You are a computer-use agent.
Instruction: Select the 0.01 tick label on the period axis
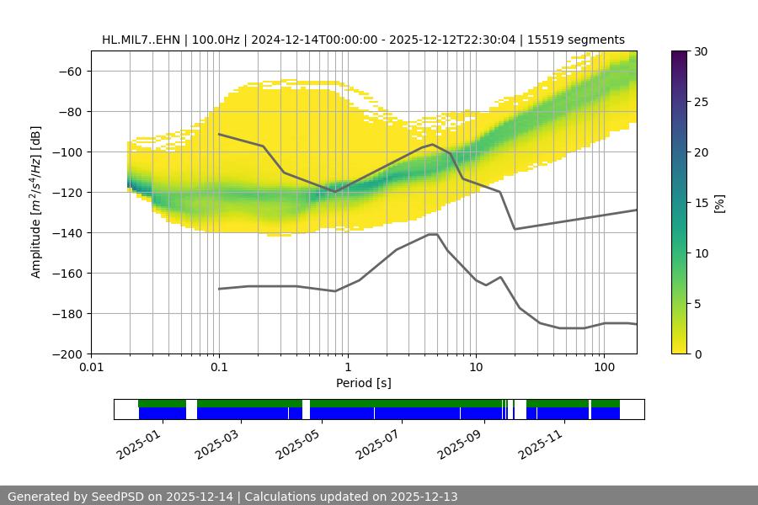pos(91,368)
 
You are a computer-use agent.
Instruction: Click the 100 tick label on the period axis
pos(603,368)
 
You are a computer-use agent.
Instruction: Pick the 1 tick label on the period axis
pos(347,368)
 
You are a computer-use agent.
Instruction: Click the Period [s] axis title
pos(363,383)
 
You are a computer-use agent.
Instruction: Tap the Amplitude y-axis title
pos(36,202)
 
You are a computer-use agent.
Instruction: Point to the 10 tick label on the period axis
pos(475,368)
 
